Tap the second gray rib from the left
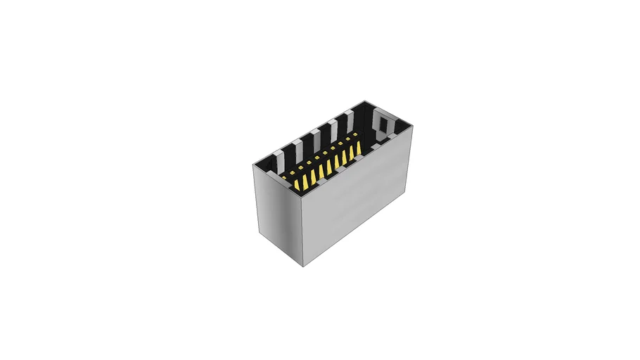(298, 144)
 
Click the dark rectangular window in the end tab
(383, 125)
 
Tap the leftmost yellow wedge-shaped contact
(296, 184)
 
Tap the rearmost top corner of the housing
(364, 100)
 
